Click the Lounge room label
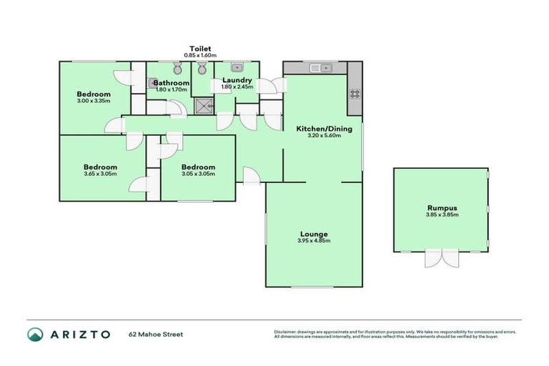pos(314,234)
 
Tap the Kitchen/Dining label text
pos(318,129)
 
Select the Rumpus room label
pos(441,208)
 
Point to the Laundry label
pos(236,80)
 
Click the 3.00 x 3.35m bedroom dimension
pos(94,102)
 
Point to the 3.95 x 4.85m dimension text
pos(314,241)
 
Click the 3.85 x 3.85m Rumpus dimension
pos(441,215)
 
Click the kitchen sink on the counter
pos(320,68)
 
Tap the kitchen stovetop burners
pos(354,93)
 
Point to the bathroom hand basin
pos(153,84)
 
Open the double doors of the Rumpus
pos(441,258)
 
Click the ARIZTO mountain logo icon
pos(36,335)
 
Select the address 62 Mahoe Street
pos(157,334)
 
